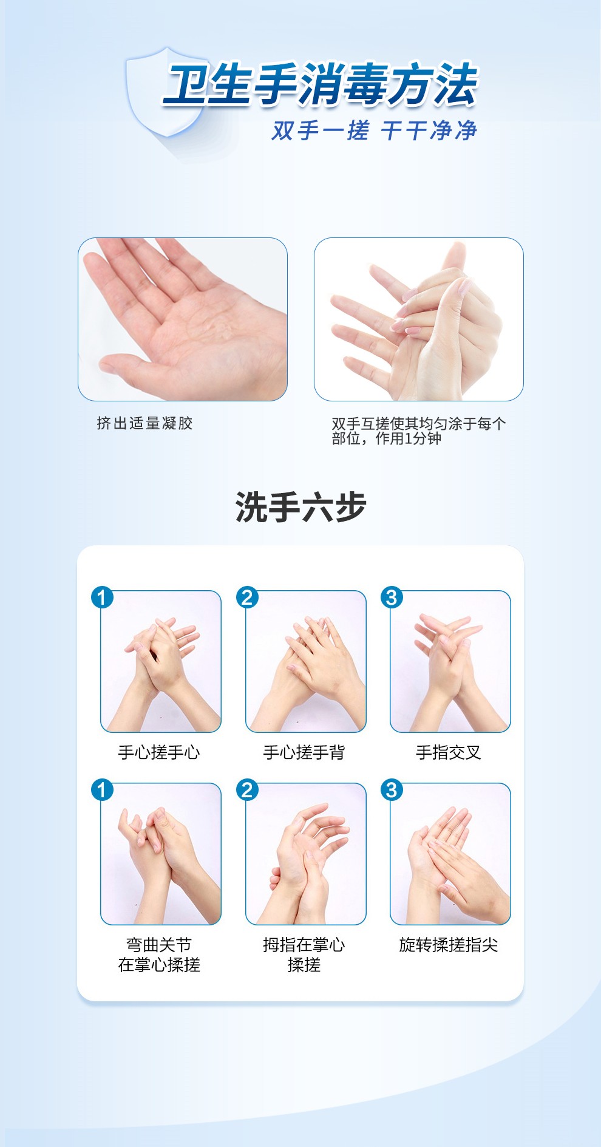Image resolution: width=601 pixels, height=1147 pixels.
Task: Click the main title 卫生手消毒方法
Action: click(321, 84)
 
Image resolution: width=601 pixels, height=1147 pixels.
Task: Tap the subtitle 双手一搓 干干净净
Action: click(374, 131)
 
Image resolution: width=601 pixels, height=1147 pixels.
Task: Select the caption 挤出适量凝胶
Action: click(144, 423)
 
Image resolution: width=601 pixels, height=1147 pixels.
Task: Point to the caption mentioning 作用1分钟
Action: click(418, 431)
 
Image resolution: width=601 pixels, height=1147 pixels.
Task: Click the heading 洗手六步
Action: click(300, 507)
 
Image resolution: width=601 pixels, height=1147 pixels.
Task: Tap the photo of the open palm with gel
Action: click(183, 319)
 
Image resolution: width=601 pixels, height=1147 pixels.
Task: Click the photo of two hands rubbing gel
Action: click(418, 319)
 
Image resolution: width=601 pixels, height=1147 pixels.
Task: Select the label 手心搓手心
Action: click(159, 753)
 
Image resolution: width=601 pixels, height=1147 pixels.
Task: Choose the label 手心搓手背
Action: click(304, 753)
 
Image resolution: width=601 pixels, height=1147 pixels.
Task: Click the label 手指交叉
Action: click(449, 753)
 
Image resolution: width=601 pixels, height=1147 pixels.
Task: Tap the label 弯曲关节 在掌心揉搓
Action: click(159, 955)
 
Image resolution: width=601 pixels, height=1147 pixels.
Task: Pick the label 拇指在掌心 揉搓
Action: click(304, 955)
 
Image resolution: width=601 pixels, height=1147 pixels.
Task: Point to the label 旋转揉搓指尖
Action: click(449, 945)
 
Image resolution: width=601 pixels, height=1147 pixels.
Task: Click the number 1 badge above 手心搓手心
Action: click(102, 597)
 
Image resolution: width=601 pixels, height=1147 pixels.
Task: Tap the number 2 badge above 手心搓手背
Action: click(247, 597)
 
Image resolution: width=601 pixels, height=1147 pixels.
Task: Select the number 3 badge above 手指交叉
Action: click(392, 597)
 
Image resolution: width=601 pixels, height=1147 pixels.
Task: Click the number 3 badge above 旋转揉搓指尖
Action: click(392, 790)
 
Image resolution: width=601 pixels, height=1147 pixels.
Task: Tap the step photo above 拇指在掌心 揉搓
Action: click(306, 854)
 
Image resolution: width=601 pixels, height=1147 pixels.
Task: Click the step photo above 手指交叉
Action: click(450, 661)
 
